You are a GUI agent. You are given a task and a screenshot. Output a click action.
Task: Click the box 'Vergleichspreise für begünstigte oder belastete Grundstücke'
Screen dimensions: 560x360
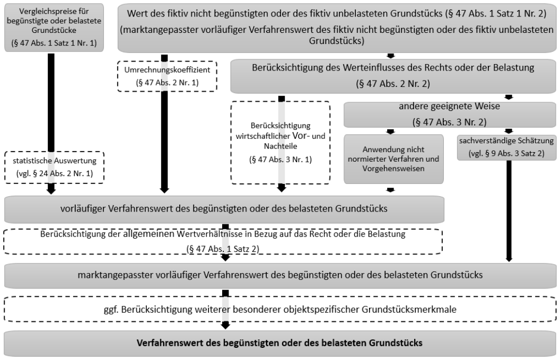point(54,28)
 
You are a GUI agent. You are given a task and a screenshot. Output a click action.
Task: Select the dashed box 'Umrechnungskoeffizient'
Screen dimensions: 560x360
point(167,76)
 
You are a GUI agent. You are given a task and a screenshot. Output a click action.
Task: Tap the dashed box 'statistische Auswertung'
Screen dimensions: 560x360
point(54,168)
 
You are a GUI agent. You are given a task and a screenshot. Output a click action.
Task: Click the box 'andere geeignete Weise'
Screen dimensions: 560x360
point(450,115)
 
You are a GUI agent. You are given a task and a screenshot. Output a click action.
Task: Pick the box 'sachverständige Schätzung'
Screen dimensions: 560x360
point(506,147)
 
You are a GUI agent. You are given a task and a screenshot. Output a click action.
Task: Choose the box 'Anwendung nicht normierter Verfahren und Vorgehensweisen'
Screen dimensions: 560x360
point(393,159)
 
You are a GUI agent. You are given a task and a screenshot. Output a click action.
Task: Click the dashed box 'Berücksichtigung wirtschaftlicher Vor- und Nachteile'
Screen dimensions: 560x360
point(281,143)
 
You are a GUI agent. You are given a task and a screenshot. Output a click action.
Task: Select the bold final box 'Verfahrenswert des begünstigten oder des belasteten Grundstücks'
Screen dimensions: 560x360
point(279,343)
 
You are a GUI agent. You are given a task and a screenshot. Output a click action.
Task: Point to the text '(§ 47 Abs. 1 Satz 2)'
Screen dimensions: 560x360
point(223,249)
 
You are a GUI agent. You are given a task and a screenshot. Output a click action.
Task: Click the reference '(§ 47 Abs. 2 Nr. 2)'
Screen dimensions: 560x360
point(393,84)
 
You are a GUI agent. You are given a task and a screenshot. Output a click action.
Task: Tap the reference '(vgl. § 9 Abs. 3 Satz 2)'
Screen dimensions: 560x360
point(506,153)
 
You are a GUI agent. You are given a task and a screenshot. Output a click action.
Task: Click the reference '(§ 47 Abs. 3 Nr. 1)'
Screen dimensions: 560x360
point(281,159)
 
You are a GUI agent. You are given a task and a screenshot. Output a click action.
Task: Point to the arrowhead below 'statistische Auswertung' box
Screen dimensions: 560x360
point(51,190)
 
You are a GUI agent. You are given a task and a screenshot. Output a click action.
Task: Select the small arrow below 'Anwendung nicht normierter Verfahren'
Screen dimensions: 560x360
point(390,190)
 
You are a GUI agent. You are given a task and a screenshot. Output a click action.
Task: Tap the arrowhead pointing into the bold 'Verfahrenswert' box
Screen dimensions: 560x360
point(225,325)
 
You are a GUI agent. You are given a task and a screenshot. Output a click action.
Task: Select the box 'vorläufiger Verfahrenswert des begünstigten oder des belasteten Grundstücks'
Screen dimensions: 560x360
point(224,209)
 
